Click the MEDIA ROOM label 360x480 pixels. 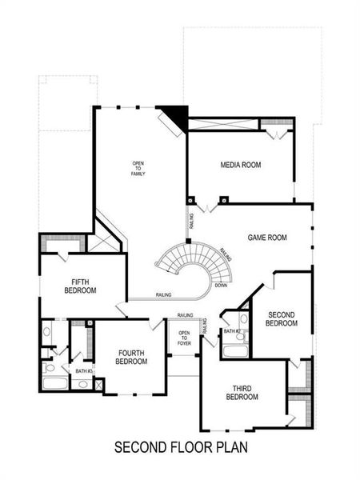coord(242,166)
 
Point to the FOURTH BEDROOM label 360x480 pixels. coord(131,357)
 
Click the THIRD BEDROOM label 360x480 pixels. coord(242,393)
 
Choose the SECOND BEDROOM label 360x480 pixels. coord(282,318)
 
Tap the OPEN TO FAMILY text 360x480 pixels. coord(138,168)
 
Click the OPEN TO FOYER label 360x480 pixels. coord(184,337)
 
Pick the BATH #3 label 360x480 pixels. coord(84,370)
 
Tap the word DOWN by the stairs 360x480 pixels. coord(221,285)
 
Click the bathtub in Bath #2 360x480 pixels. coord(235,350)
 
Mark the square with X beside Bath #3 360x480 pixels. coord(99,384)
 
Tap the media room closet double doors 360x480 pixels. coord(274,134)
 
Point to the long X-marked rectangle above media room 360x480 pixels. coord(222,124)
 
